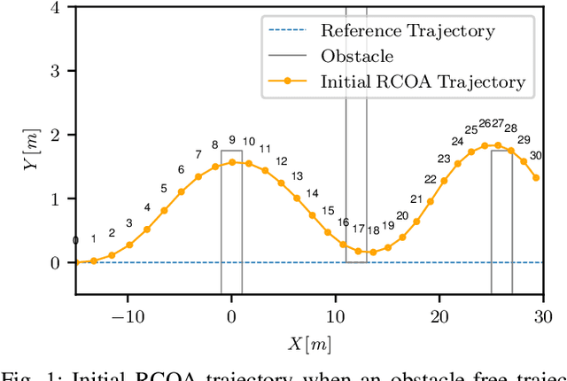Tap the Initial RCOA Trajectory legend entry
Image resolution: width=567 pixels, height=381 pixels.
(423, 82)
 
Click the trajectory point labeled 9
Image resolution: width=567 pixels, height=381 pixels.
(232, 161)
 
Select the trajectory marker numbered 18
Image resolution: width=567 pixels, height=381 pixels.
(373, 252)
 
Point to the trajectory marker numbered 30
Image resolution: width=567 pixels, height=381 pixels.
(536, 177)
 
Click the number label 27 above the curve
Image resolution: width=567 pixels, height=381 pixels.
(497, 123)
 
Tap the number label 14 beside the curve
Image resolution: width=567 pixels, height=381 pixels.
(312, 193)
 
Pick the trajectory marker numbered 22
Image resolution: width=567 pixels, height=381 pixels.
(444, 181)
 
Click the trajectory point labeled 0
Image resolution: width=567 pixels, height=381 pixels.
(76, 262)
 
